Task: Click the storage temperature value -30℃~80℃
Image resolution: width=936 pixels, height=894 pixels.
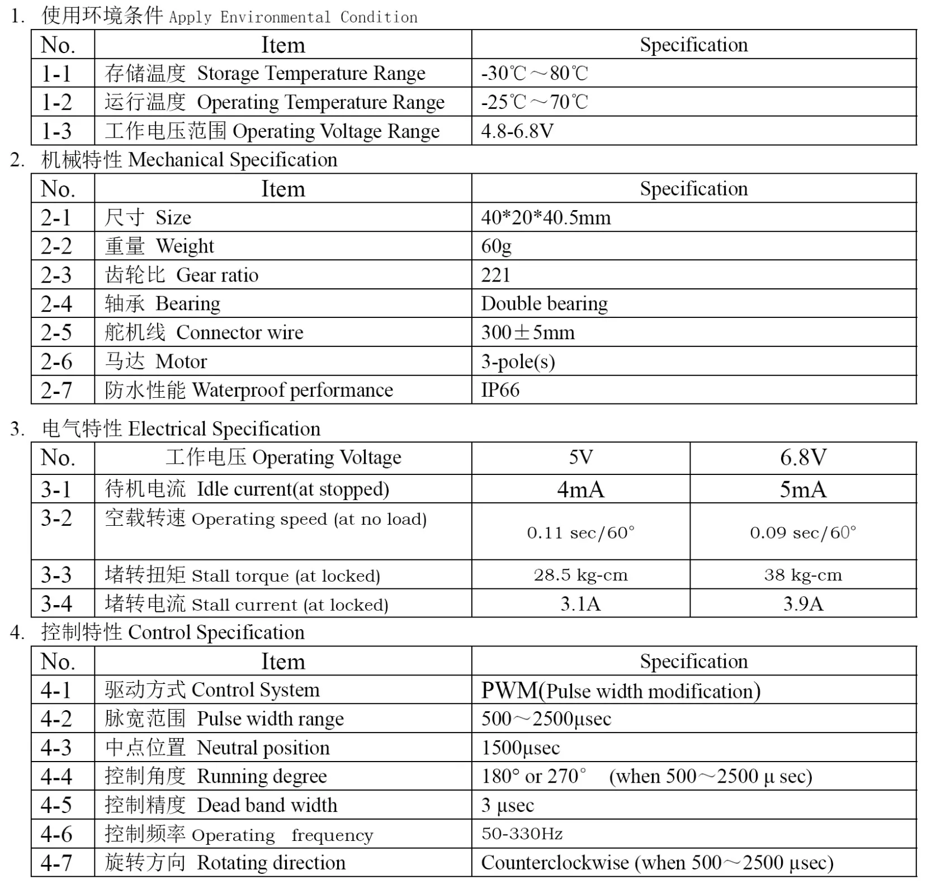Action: click(x=535, y=73)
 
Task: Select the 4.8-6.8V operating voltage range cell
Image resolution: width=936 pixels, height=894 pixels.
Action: click(x=517, y=131)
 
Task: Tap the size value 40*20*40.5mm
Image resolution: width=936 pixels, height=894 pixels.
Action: click(x=546, y=217)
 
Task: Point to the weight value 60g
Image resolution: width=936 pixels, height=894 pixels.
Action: click(x=496, y=246)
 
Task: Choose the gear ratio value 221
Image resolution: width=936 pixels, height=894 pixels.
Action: click(x=495, y=275)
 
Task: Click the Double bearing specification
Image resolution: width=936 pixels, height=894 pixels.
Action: click(x=544, y=303)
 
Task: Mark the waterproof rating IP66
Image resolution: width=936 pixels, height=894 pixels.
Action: click(x=500, y=390)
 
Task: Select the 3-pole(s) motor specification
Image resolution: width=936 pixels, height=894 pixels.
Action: click(x=518, y=362)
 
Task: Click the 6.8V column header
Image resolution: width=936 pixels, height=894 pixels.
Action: click(x=803, y=458)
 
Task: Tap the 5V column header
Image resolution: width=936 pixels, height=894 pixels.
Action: click(x=580, y=458)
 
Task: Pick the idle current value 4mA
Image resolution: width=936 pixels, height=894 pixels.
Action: click(x=580, y=489)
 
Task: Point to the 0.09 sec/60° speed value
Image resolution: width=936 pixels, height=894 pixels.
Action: click(x=803, y=532)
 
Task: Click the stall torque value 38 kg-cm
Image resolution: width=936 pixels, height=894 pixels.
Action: click(x=803, y=575)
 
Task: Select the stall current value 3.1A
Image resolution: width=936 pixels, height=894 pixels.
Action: click(x=580, y=604)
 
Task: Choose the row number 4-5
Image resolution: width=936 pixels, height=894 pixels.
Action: click(x=56, y=805)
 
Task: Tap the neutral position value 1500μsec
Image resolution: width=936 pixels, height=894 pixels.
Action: click(x=520, y=748)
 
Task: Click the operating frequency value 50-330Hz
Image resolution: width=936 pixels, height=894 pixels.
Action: click(x=522, y=834)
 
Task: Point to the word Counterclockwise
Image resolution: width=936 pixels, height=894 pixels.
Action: click(x=555, y=863)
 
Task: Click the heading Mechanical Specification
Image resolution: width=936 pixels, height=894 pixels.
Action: click(x=233, y=160)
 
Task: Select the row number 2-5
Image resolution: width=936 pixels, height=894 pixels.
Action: click(x=56, y=332)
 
